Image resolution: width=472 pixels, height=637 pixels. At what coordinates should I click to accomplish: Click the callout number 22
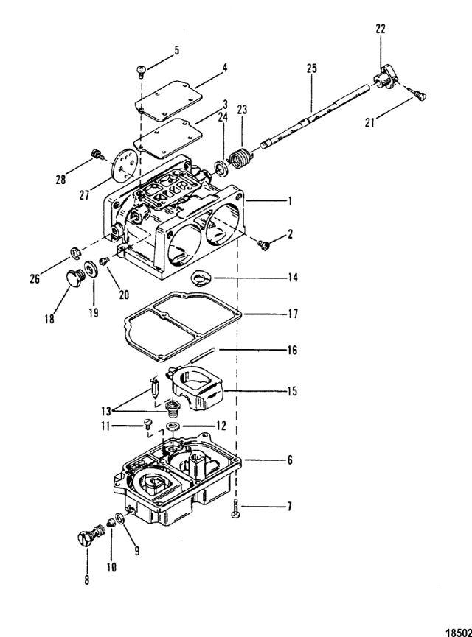381,29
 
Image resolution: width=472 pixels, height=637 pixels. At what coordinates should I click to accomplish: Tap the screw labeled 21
420,95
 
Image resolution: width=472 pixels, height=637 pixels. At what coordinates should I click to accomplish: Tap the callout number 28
60,179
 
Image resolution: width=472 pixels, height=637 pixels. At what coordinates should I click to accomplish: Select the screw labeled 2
263,244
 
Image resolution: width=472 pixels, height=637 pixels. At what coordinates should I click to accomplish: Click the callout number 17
293,314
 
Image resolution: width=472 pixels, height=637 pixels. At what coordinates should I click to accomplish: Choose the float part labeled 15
196,388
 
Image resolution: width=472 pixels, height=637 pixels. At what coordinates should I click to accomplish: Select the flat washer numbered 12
174,426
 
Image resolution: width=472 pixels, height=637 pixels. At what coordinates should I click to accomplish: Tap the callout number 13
105,411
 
